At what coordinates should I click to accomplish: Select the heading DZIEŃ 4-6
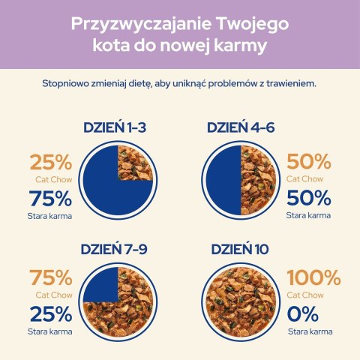[x=241, y=127]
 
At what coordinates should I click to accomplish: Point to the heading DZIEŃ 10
[x=241, y=249]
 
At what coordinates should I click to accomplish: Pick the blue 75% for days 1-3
[x=51, y=199]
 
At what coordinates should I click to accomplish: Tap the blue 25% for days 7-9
[x=51, y=313]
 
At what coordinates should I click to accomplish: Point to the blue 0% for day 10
[x=304, y=313]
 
